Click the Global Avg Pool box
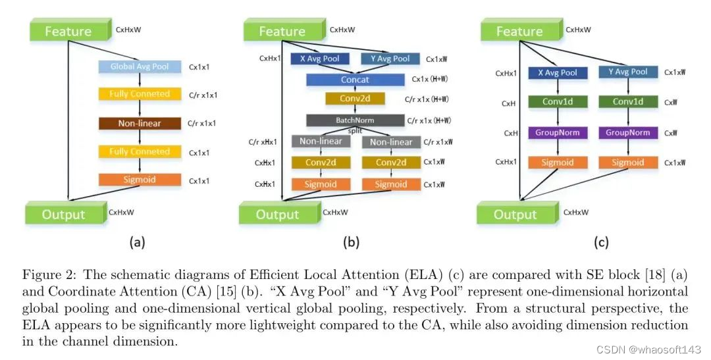click(140, 66)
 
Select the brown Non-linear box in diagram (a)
click(140, 123)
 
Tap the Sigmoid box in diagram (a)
click(140, 180)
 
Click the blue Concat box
click(355, 80)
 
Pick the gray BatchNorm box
click(355, 120)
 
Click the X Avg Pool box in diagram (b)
click(319, 59)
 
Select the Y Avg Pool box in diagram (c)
click(628, 72)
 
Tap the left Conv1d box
click(558, 102)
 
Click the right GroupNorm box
click(628, 132)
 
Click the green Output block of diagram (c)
click(515, 215)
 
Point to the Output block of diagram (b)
click(277, 215)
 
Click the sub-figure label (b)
click(351, 242)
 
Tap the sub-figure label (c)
click(601, 242)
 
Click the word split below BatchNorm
click(355, 131)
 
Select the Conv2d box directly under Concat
click(355, 99)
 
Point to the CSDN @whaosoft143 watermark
click(648, 349)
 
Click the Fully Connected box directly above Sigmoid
click(140, 151)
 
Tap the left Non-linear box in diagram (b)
click(321, 141)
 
